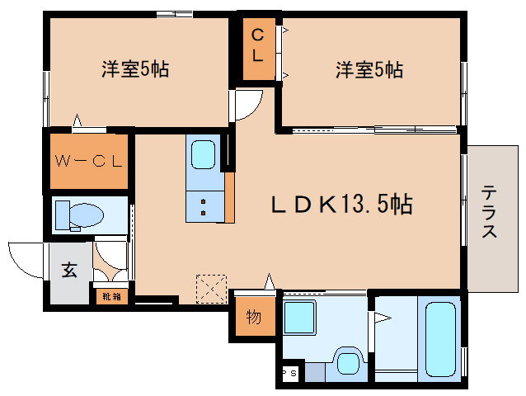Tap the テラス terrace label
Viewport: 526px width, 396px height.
tap(490, 212)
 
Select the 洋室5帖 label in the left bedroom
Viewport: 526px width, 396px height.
tap(135, 69)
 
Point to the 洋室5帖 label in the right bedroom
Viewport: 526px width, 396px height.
tap(369, 69)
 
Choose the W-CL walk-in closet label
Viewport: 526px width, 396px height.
tap(87, 160)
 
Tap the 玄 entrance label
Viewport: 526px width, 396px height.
tap(69, 269)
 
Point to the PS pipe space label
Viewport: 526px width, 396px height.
tap(290, 373)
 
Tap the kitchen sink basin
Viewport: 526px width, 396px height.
tap(203, 153)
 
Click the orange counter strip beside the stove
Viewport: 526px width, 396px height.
tap(230, 196)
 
